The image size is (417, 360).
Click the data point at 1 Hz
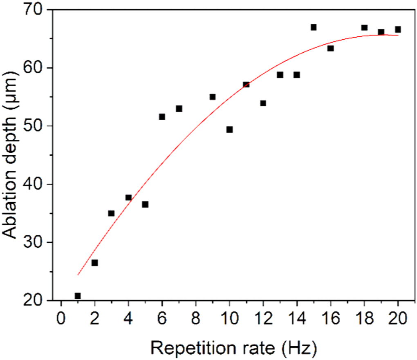(78, 296)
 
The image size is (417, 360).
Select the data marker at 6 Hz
(162, 117)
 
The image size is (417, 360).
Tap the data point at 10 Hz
(229, 130)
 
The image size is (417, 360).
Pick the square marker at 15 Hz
(314, 27)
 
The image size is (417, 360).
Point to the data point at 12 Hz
(263, 103)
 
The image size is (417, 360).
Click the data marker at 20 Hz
(398, 29)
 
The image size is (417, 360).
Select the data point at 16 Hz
(330, 49)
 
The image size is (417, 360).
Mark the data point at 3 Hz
(111, 213)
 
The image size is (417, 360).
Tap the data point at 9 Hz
(213, 97)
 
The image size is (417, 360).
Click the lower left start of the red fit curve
(78, 275)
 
